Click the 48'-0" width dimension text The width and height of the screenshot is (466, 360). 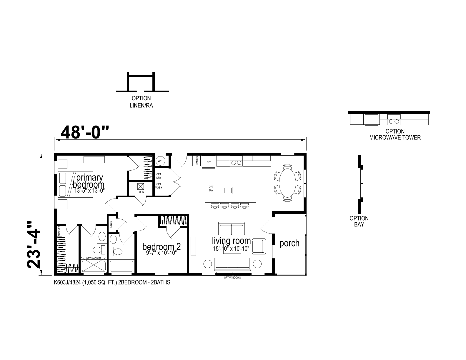point(85,132)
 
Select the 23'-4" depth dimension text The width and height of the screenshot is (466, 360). point(34,245)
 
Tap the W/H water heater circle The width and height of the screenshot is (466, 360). point(160,161)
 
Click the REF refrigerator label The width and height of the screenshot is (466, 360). point(209,162)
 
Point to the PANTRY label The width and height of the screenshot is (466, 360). point(197,161)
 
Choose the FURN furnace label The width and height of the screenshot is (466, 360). point(141,192)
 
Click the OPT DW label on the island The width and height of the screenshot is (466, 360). point(211,189)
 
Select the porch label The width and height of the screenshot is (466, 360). point(289,243)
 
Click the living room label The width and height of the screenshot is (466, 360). point(232,241)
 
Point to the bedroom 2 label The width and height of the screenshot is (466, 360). point(162,246)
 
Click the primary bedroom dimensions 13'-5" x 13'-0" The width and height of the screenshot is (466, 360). point(89,191)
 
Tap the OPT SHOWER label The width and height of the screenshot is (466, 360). point(94,258)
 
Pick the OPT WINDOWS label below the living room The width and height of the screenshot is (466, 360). point(232,278)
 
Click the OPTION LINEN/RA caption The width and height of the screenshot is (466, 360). point(141,102)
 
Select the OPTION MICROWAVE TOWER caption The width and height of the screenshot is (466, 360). point(395,134)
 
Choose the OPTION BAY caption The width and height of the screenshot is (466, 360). point(359,221)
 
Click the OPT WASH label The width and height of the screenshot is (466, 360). point(159,186)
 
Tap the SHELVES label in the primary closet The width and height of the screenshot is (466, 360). point(59,231)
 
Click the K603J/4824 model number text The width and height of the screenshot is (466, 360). point(67,283)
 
